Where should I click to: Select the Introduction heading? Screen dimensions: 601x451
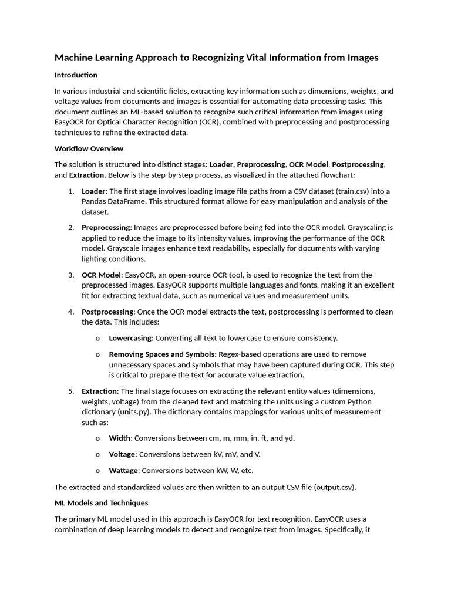click(x=76, y=75)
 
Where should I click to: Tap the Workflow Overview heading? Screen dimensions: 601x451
click(x=89, y=148)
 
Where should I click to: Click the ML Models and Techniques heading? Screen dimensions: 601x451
click(x=101, y=503)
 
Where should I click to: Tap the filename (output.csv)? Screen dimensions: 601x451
click(x=334, y=487)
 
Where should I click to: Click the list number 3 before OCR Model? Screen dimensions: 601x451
click(x=70, y=275)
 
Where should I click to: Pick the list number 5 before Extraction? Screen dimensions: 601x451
click(x=70, y=391)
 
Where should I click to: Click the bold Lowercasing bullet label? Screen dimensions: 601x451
click(x=130, y=338)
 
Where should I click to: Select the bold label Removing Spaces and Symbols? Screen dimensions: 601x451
click(x=162, y=354)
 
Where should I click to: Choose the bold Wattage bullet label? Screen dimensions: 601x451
click(x=123, y=470)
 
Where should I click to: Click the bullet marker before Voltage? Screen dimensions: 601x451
click(x=97, y=454)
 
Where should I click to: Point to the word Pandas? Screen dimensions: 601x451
click(x=95, y=201)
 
